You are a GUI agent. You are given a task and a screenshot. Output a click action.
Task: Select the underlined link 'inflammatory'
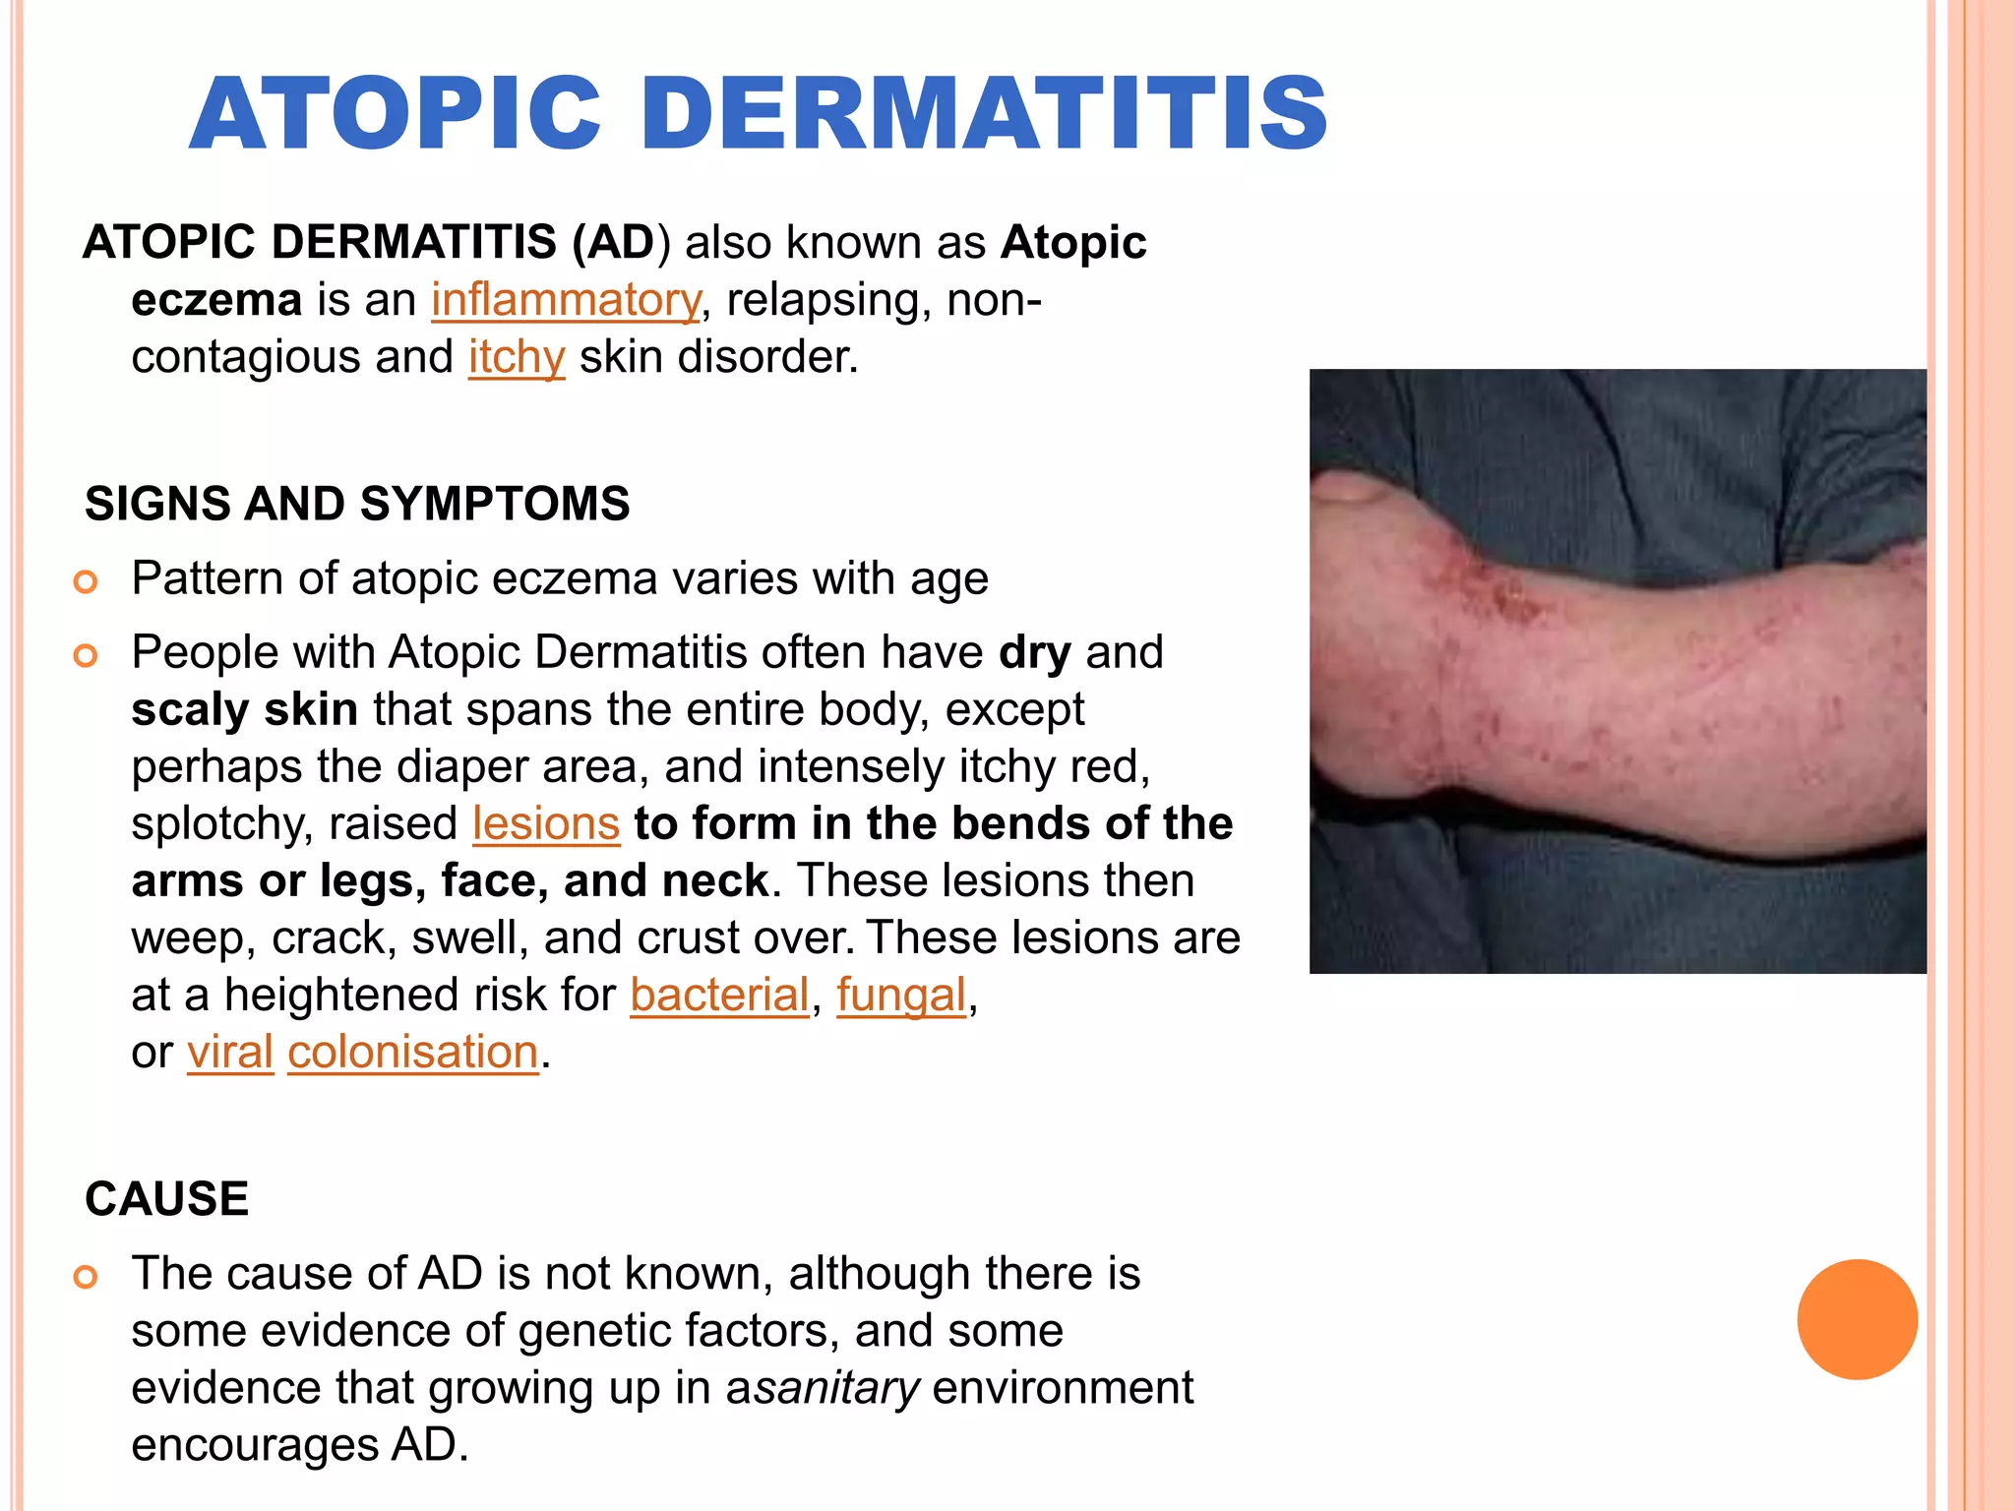click(x=566, y=300)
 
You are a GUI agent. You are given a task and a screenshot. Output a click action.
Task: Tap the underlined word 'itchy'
click(x=517, y=357)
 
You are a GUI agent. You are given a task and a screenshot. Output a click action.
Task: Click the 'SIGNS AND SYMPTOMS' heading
click(x=357, y=504)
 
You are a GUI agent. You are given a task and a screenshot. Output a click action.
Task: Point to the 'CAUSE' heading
click(x=167, y=1199)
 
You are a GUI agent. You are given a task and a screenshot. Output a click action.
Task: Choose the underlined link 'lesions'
click(x=545, y=823)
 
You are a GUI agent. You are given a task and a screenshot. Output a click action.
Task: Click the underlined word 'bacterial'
click(x=719, y=995)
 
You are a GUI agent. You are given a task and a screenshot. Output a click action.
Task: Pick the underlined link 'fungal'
click(x=901, y=995)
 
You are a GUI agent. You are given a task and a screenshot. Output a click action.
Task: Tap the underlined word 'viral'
click(x=230, y=1052)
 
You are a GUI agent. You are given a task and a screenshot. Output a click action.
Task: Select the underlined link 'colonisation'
click(x=413, y=1052)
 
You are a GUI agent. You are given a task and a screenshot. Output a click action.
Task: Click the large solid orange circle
click(x=1857, y=1319)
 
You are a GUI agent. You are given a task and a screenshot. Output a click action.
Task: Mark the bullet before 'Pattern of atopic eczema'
click(x=87, y=581)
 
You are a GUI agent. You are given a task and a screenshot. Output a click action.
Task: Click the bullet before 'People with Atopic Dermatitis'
click(x=87, y=655)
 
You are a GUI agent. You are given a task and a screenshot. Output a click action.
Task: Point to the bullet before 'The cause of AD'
click(x=87, y=1277)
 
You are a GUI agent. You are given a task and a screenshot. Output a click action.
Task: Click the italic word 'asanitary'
click(x=823, y=1388)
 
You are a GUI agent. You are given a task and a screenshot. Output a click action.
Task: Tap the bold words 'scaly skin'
click(x=244, y=709)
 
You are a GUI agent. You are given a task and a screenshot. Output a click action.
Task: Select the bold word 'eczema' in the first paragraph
click(x=216, y=300)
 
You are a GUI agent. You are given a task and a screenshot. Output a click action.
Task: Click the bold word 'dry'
click(x=1034, y=652)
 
